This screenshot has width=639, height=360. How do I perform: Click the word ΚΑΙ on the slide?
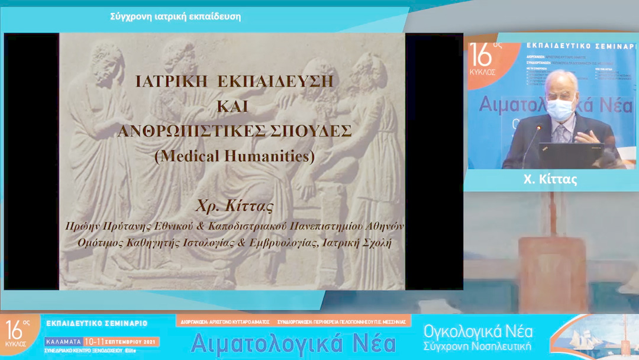(235, 107)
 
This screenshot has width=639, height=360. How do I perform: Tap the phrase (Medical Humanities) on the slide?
(235, 156)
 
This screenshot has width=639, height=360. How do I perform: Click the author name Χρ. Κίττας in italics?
(235, 207)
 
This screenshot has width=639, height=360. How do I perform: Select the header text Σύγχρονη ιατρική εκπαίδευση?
(176, 17)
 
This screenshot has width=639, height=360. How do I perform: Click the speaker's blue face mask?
(559, 108)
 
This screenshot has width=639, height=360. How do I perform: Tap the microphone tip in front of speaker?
(539, 127)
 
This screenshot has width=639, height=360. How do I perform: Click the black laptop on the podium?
(571, 155)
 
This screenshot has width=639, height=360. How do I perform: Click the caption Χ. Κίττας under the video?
(550, 179)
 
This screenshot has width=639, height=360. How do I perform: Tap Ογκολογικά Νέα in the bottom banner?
(478, 330)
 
